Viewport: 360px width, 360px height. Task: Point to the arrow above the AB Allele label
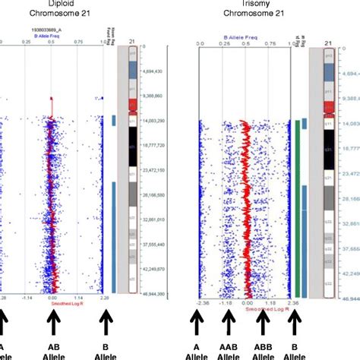coord(52,324)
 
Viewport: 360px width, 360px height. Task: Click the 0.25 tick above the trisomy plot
coord(223,43)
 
